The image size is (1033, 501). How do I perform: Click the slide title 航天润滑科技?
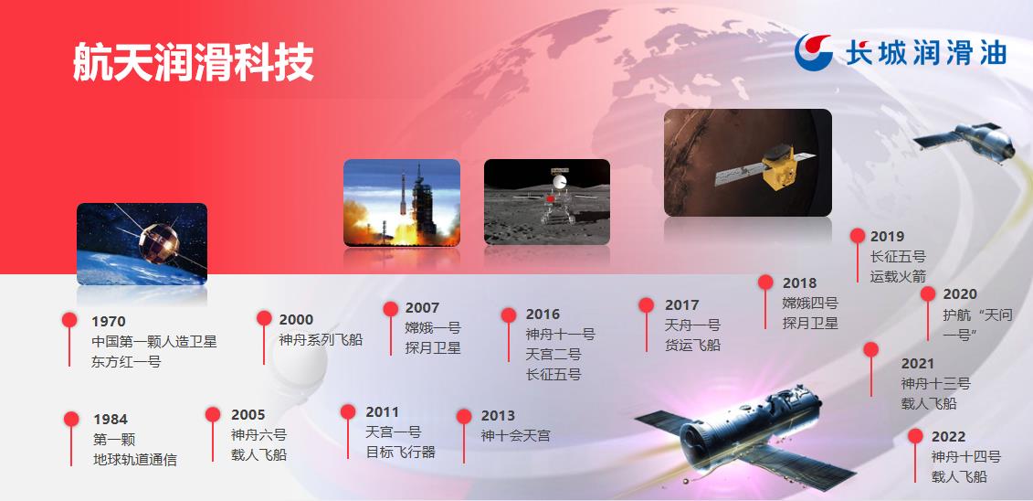193,62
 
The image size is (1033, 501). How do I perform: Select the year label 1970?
109,322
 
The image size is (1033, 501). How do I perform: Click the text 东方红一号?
126,362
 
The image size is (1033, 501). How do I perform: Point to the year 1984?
110,420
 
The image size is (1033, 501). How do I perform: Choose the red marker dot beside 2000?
264,318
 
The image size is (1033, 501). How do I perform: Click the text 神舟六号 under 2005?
258,435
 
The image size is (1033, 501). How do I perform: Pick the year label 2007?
422,308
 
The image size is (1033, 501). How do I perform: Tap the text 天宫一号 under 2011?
394,432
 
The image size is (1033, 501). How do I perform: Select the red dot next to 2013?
464,417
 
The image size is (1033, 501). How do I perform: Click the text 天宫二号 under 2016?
553,355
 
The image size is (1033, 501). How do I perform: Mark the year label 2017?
682,305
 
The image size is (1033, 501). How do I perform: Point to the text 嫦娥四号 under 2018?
810,304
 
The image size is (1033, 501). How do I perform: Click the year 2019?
888,236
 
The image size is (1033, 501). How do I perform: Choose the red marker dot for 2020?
928,293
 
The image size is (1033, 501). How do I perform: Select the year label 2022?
949,436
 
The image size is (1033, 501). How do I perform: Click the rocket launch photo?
402,202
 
